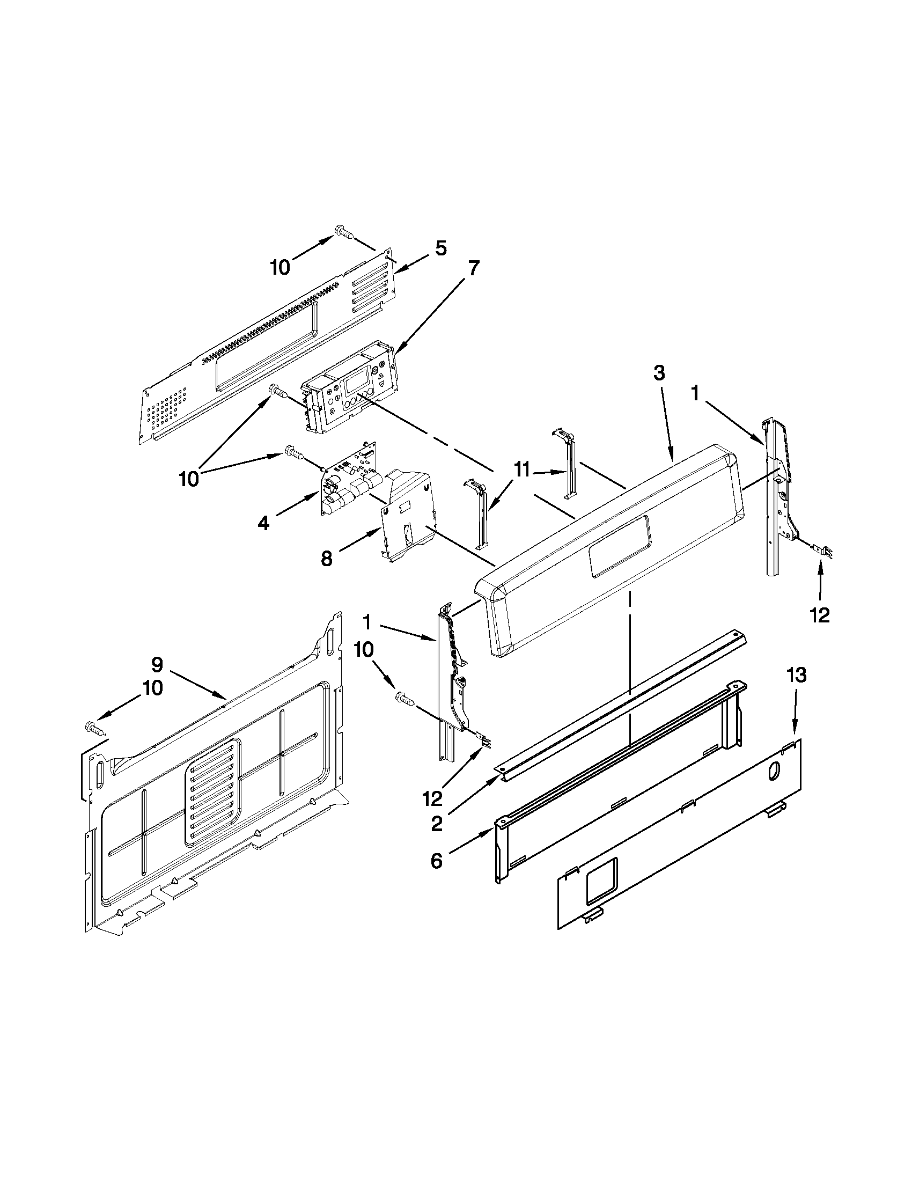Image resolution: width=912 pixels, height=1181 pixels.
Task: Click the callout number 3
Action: point(658,373)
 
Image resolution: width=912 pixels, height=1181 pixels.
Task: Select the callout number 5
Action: point(440,249)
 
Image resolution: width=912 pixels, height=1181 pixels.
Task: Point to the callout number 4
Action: point(263,523)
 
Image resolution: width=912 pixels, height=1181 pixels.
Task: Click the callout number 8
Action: point(326,558)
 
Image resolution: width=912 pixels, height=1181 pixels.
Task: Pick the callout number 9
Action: point(157,664)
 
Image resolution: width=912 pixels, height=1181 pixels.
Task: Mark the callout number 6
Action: point(436,860)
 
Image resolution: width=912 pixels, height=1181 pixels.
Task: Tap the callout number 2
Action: point(436,824)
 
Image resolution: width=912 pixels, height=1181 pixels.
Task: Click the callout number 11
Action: point(521,471)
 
